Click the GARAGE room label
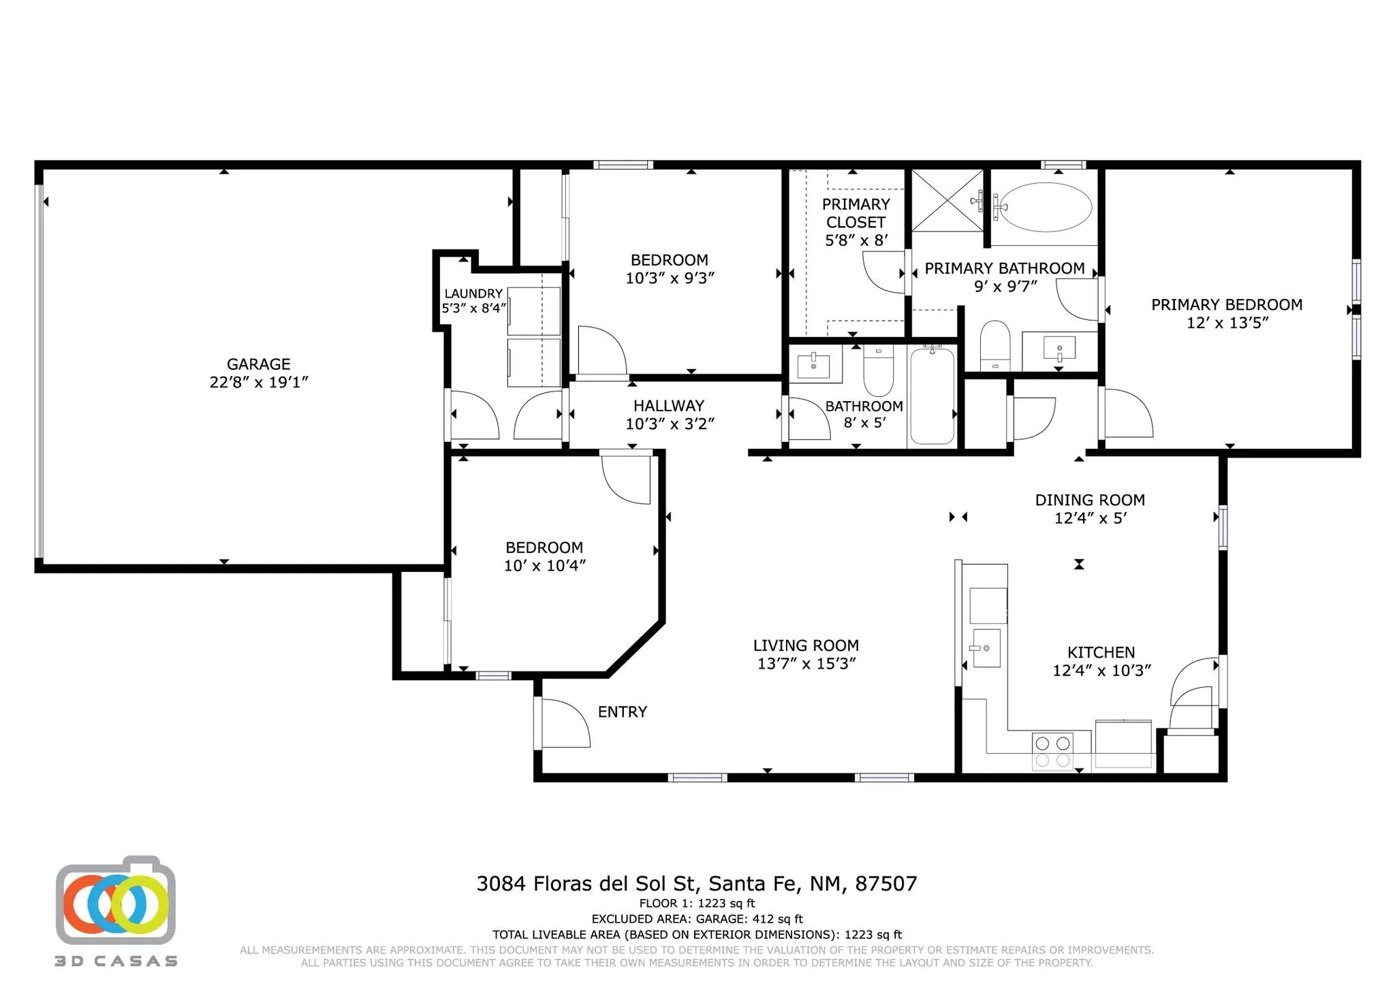pos(259,364)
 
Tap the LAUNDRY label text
pos(473,293)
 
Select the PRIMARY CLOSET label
pos(856,213)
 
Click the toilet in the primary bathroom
pos(995,345)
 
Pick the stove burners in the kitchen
pos(1052,751)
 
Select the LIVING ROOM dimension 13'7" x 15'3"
pos(806,664)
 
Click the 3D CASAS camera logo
pos(116,900)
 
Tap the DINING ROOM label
pos(1090,500)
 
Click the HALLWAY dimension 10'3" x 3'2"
pos(670,424)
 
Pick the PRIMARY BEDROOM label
pos(1227,304)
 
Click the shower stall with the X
pos(947,201)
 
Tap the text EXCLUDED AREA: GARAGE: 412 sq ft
pos(697,919)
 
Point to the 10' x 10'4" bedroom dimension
pos(545,566)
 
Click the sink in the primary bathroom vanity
pos(1059,349)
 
